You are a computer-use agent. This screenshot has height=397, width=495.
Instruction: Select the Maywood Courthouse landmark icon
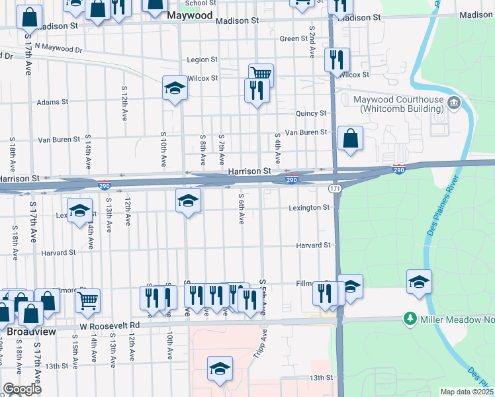click(x=454, y=103)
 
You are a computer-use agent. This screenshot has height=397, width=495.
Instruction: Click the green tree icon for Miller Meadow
click(x=410, y=320)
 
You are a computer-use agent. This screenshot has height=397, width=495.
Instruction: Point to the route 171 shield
click(x=334, y=189)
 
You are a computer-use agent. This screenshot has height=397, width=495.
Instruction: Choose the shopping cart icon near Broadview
click(x=87, y=299)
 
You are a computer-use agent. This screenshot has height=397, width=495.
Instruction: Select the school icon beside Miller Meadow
click(x=419, y=281)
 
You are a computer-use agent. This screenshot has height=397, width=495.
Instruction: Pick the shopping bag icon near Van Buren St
click(x=350, y=138)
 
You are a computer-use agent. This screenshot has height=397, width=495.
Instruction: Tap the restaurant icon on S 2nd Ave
click(x=336, y=59)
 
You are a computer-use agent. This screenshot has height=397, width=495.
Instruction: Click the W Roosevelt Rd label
click(x=110, y=326)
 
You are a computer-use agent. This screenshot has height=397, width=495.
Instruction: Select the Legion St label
click(x=202, y=60)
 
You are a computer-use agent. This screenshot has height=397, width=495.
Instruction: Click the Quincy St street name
click(x=311, y=114)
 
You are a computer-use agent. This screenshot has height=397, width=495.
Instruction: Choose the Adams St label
click(x=52, y=102)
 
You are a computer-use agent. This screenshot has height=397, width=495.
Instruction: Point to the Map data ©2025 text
click(x=467, y=392)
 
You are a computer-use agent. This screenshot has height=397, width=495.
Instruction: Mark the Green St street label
click(x=291, y=38)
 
